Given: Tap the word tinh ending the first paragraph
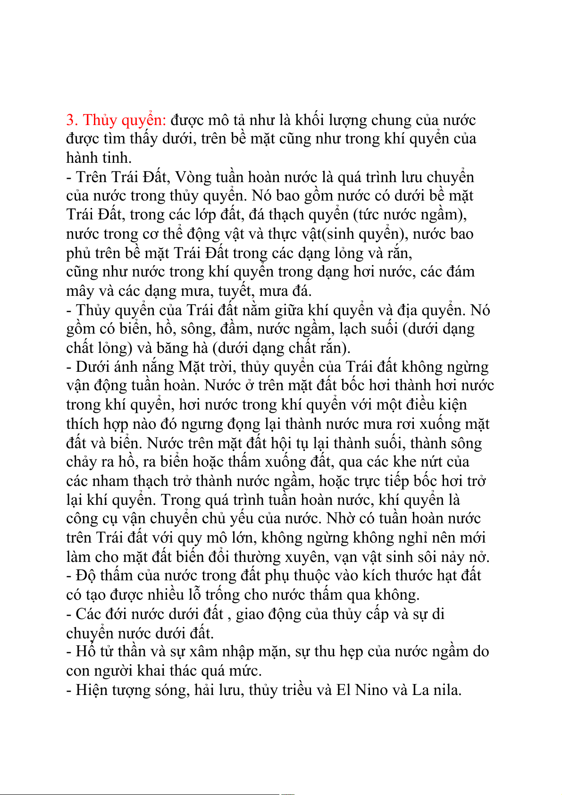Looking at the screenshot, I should click(117, 158).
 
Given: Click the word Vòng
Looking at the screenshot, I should click(193, 177).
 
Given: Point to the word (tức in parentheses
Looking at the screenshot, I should click(367, 215).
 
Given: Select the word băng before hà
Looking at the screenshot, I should click(172, 348).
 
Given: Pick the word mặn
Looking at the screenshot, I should click(274, 653).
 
